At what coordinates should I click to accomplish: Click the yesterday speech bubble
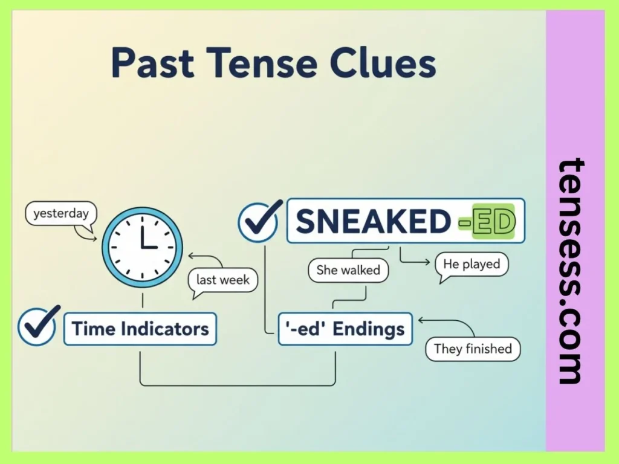[60, 214]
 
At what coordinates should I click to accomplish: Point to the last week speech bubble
[222, 280]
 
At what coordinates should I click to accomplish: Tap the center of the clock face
[142, 246]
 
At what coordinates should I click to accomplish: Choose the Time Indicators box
[140, 329]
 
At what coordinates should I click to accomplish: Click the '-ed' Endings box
[345, 329]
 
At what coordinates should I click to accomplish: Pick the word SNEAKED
[373, 222]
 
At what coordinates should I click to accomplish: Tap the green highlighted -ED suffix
[486, 222]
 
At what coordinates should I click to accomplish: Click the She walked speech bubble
[348, 270]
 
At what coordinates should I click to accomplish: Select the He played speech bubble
[472, 264]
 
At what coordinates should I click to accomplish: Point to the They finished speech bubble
[473, 349]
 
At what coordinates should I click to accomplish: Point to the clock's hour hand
[142, 237]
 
